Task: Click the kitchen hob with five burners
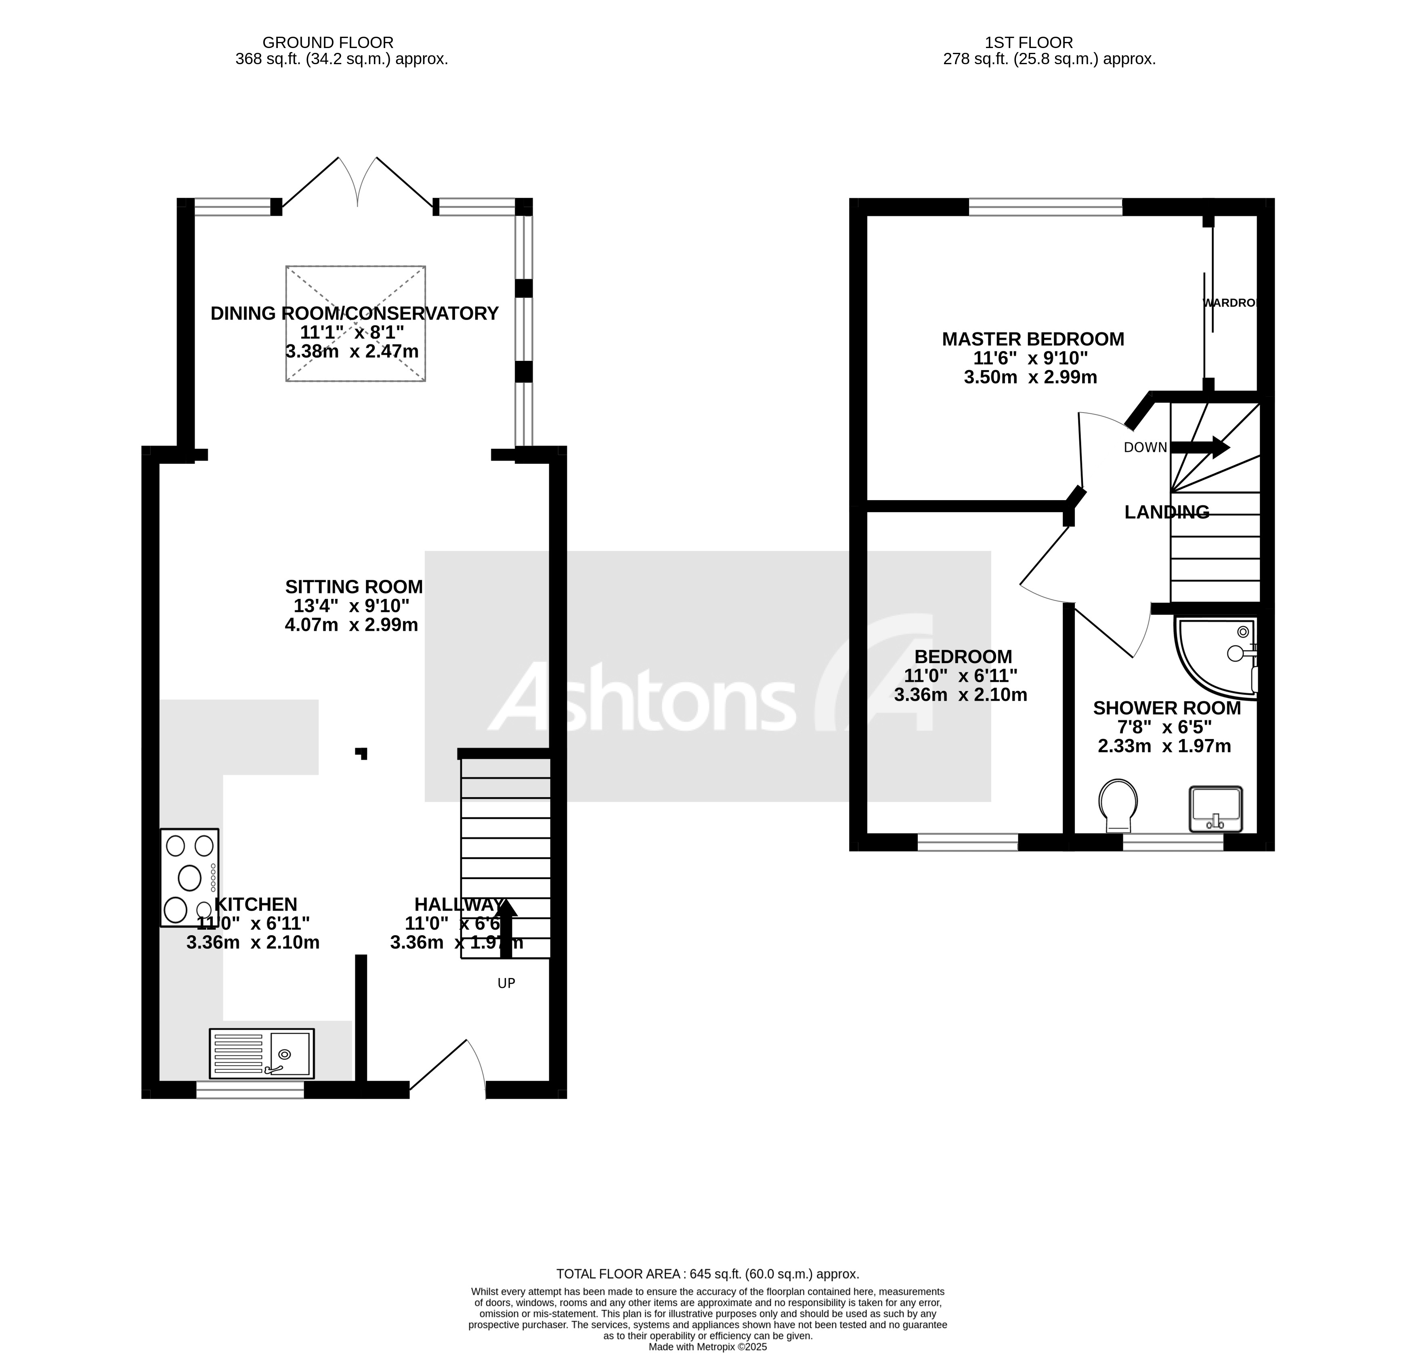click(189, 877)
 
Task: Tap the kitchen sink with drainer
click(261, 1053)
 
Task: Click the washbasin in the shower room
click(1215, 808)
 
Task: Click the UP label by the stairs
click(506, 983)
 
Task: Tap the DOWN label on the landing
click(1145, 447)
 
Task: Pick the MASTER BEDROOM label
click(1032, 339)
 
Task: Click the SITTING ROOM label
click(353, 586)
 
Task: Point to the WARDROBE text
click(1230, 303)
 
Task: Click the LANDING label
click(1166, 512)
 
